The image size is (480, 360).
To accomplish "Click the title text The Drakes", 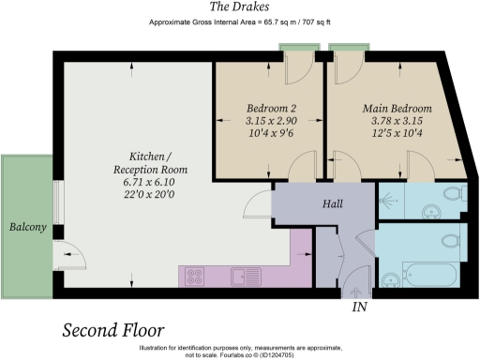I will [x=239, y=7].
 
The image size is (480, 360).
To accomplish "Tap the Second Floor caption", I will [x=112, y=330].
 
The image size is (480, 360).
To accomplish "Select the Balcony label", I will [x=28, y=227].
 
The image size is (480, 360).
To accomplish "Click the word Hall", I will [x=333, y=204].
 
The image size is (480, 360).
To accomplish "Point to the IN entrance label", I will [x=358, y=307].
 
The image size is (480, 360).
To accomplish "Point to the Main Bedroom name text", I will [x=397, y=108].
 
